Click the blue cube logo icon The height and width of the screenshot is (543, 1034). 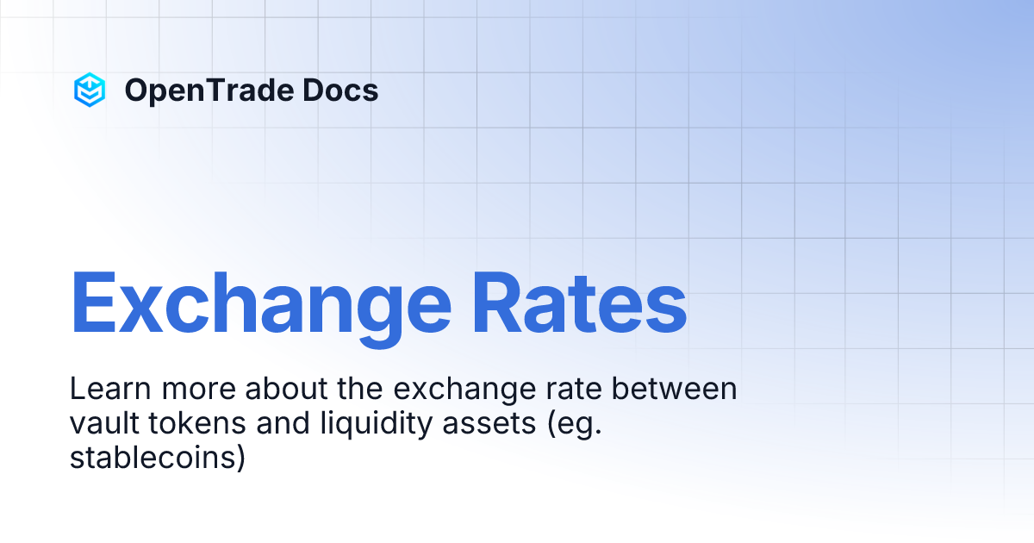point(90,90)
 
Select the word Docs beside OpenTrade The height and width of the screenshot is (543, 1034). point(339,90)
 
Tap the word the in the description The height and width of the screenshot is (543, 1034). point(358,390)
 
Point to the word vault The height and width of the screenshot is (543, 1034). point(99,423)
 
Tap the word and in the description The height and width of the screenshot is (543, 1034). point(272,423)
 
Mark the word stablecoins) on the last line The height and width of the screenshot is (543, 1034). point(158,458)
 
